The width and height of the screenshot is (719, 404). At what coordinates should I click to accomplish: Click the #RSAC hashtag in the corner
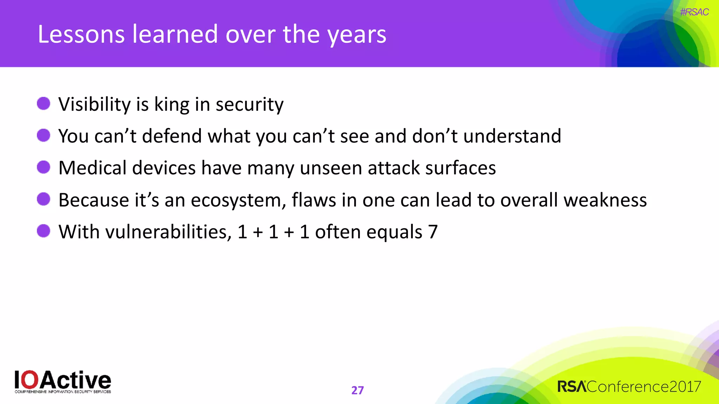tap(694, 12)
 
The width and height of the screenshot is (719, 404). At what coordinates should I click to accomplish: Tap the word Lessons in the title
tap(81, 34)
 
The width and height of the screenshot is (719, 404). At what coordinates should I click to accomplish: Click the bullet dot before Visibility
tap(44, 104)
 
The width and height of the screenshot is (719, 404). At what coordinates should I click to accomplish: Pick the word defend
tap(172, 136)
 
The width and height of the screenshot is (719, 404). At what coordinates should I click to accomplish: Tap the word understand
tap(512, 136)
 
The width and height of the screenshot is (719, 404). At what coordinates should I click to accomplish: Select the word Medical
tap(92, 168)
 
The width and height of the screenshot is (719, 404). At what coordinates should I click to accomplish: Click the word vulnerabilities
tap(168, 232)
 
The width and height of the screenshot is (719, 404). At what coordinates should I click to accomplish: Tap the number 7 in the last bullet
tap(433, 232)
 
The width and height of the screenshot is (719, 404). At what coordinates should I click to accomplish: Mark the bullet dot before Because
tap(44, 199)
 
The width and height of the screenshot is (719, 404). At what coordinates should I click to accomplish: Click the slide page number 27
tap(357, 390)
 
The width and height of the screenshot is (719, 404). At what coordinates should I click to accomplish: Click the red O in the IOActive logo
tap(32, 379)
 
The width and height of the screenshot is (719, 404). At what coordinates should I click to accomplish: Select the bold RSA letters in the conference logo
tap(572, 386)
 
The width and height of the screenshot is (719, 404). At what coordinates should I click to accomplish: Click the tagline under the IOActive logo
tap(63, 392)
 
